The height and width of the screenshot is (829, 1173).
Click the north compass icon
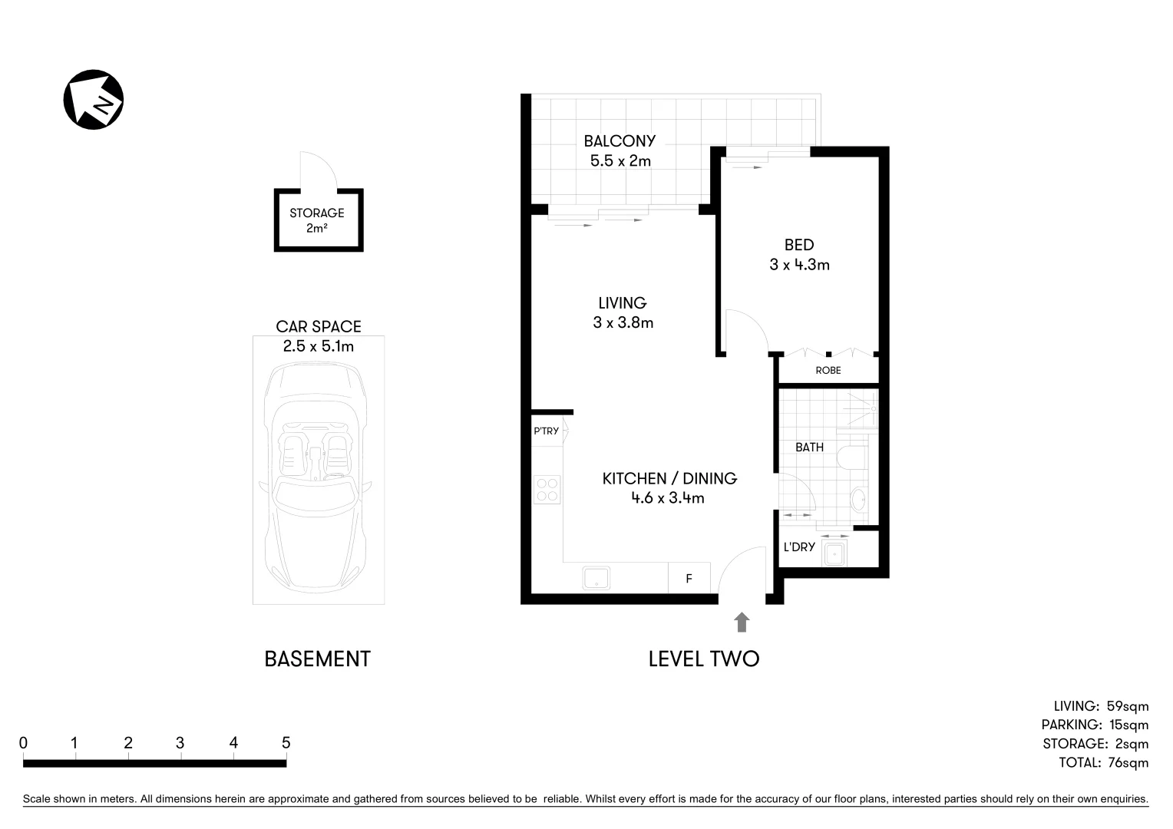93,100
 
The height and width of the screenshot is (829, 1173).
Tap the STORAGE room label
316,213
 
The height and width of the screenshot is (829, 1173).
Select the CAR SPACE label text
319,327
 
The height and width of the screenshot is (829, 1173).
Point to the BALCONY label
620,141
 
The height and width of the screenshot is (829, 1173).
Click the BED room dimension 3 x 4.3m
799,266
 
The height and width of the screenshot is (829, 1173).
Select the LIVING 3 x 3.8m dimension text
623,323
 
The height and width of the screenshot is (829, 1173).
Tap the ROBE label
828,371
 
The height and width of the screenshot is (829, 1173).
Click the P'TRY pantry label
546,431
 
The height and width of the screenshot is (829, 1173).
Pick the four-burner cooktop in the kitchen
547,490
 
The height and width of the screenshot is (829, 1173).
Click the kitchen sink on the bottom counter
596,578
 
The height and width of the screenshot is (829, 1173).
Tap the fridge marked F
689,579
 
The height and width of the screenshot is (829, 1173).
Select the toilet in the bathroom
851,457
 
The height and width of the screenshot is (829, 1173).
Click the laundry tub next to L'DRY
834,553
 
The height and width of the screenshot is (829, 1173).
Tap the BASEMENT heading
317,659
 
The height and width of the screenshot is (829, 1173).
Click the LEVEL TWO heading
703,659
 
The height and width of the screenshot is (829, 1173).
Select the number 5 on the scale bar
286,743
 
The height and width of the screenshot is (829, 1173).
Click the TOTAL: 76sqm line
1103,763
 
